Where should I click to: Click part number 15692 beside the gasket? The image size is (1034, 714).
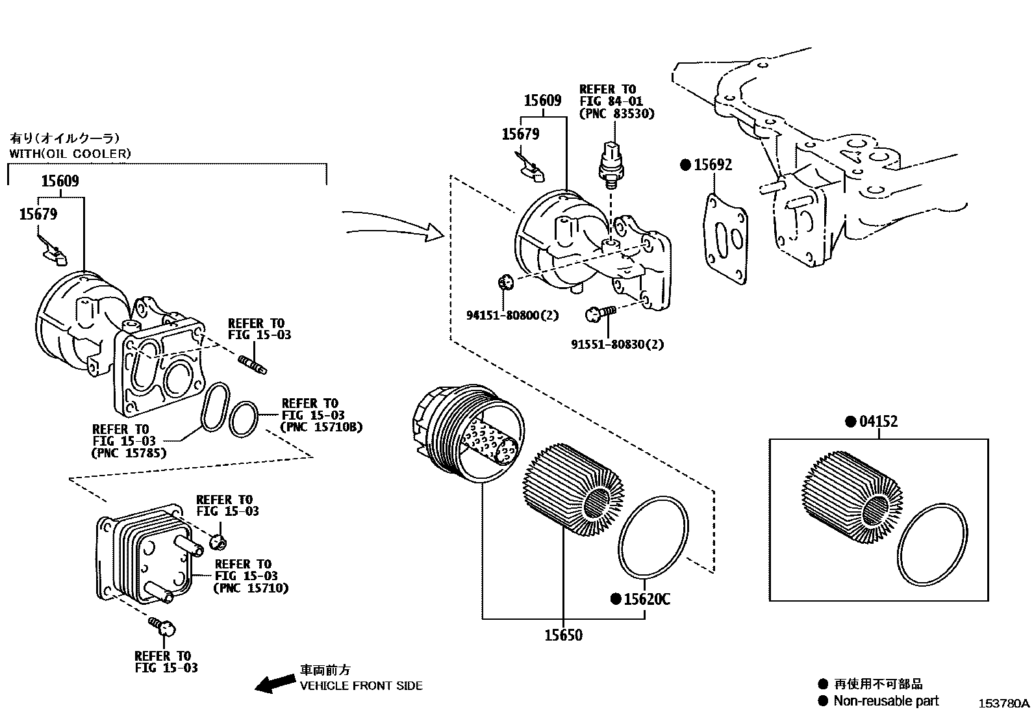(x=712, y=165)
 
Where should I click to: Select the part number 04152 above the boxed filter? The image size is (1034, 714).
(x=878, y=422)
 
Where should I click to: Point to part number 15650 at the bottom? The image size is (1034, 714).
(x=563, y=635)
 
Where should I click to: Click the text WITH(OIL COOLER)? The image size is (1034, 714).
(x=69, y=154)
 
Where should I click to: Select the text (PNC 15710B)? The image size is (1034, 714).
(x=322, y=427)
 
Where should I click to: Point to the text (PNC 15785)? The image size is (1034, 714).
(x=129, y=452)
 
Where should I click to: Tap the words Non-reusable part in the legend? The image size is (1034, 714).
(x=886, y=700)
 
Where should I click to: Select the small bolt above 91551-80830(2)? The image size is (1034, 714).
(x=599, y=314)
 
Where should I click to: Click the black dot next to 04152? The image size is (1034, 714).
(x=850, y=422)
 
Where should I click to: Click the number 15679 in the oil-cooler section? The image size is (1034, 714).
(x=38, y=214)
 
